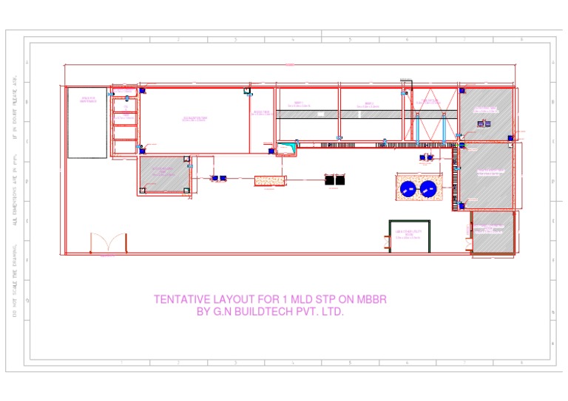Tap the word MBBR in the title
pos(371,300)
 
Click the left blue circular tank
pos(408,190)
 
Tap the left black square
pos(329,179)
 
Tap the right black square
pos(340,179)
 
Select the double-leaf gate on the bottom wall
pos(108,244)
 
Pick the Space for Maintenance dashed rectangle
pos(87,123)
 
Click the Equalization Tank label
pos(195,118)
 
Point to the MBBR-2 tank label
pos(370,104)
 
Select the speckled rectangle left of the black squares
pos(269,180)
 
